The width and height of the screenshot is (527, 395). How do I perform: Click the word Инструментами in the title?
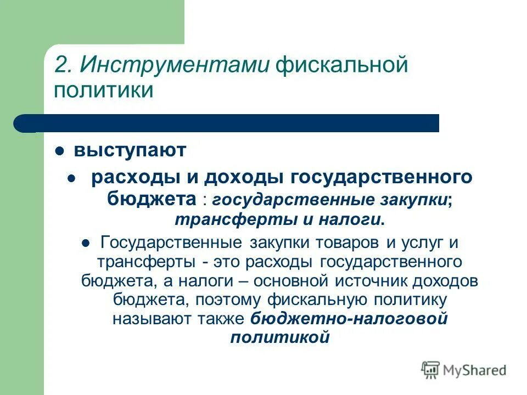tap(173, 65)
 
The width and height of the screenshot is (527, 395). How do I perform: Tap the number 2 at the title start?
tap(60, 65)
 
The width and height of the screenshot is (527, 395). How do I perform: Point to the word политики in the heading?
tap(103, 89)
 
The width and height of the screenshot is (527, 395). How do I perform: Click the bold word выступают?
tap(131, 150)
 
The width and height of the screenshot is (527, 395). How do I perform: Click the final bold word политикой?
tap(279, 337)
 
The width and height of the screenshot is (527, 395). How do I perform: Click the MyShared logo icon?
tap(431, 370)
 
